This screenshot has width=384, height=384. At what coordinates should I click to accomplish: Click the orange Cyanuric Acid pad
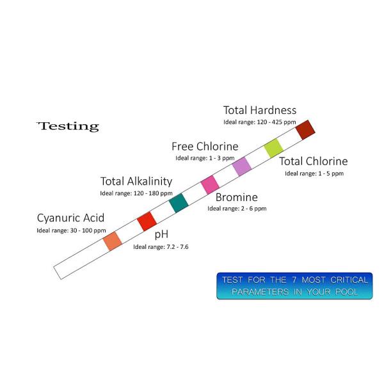click(113, 241)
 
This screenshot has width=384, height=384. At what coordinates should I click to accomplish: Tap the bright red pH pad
click(147, 221)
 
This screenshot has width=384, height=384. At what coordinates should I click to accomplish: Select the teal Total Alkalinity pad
click(179, 203)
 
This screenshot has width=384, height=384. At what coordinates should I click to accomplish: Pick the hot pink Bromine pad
click(210, 185)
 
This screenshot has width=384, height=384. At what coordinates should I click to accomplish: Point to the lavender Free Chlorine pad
click(242, 166)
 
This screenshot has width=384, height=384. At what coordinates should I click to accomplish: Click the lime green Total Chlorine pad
click(273, 148)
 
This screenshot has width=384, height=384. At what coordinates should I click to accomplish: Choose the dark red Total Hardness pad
click(305, 130)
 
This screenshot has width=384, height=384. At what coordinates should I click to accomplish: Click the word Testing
click(68, 126)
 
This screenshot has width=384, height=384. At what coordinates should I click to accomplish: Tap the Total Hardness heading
click(260, 110)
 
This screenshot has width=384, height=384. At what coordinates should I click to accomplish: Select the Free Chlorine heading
click(205, 147)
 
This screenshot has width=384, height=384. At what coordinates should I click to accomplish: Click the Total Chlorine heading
click(314, 161)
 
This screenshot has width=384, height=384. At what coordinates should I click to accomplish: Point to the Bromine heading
click(237, 197)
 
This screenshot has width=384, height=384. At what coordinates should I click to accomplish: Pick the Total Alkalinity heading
click(136, 182)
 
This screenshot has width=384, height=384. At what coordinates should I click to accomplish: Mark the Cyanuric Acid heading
click(71, 218)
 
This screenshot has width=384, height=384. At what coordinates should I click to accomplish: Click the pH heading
click(161, 234)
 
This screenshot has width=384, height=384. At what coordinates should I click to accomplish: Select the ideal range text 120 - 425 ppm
click(276, 122)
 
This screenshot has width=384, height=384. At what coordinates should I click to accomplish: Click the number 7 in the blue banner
click(294, 280)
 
